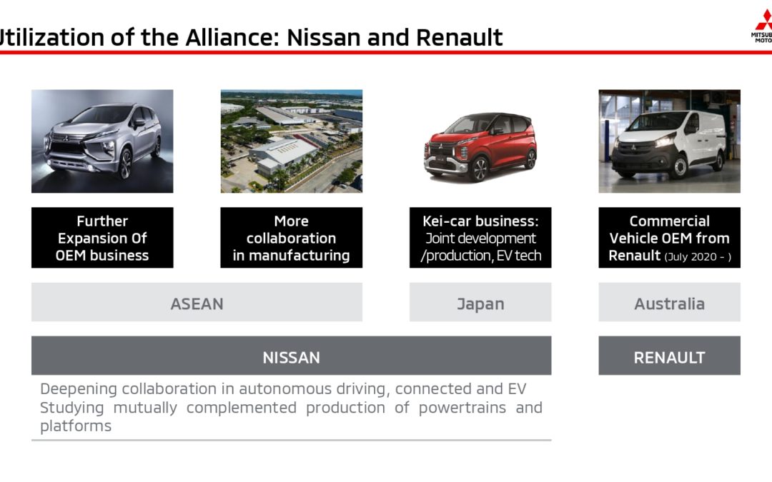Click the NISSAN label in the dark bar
(291, 357)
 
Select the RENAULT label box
(669, 356)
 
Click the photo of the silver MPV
(102, 141)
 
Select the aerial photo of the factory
(292, 141)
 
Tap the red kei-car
(480, 146)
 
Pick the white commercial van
(668, 144)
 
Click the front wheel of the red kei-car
(479, 169)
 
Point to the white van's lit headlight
(664, 141)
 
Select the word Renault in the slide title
(459, 37)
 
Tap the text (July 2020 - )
(698, 257)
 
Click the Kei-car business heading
(480, 221)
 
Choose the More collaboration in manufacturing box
(292, 238)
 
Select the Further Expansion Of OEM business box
(102, 238)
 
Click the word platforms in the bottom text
(76, 426)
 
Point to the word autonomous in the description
(285, 389)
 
